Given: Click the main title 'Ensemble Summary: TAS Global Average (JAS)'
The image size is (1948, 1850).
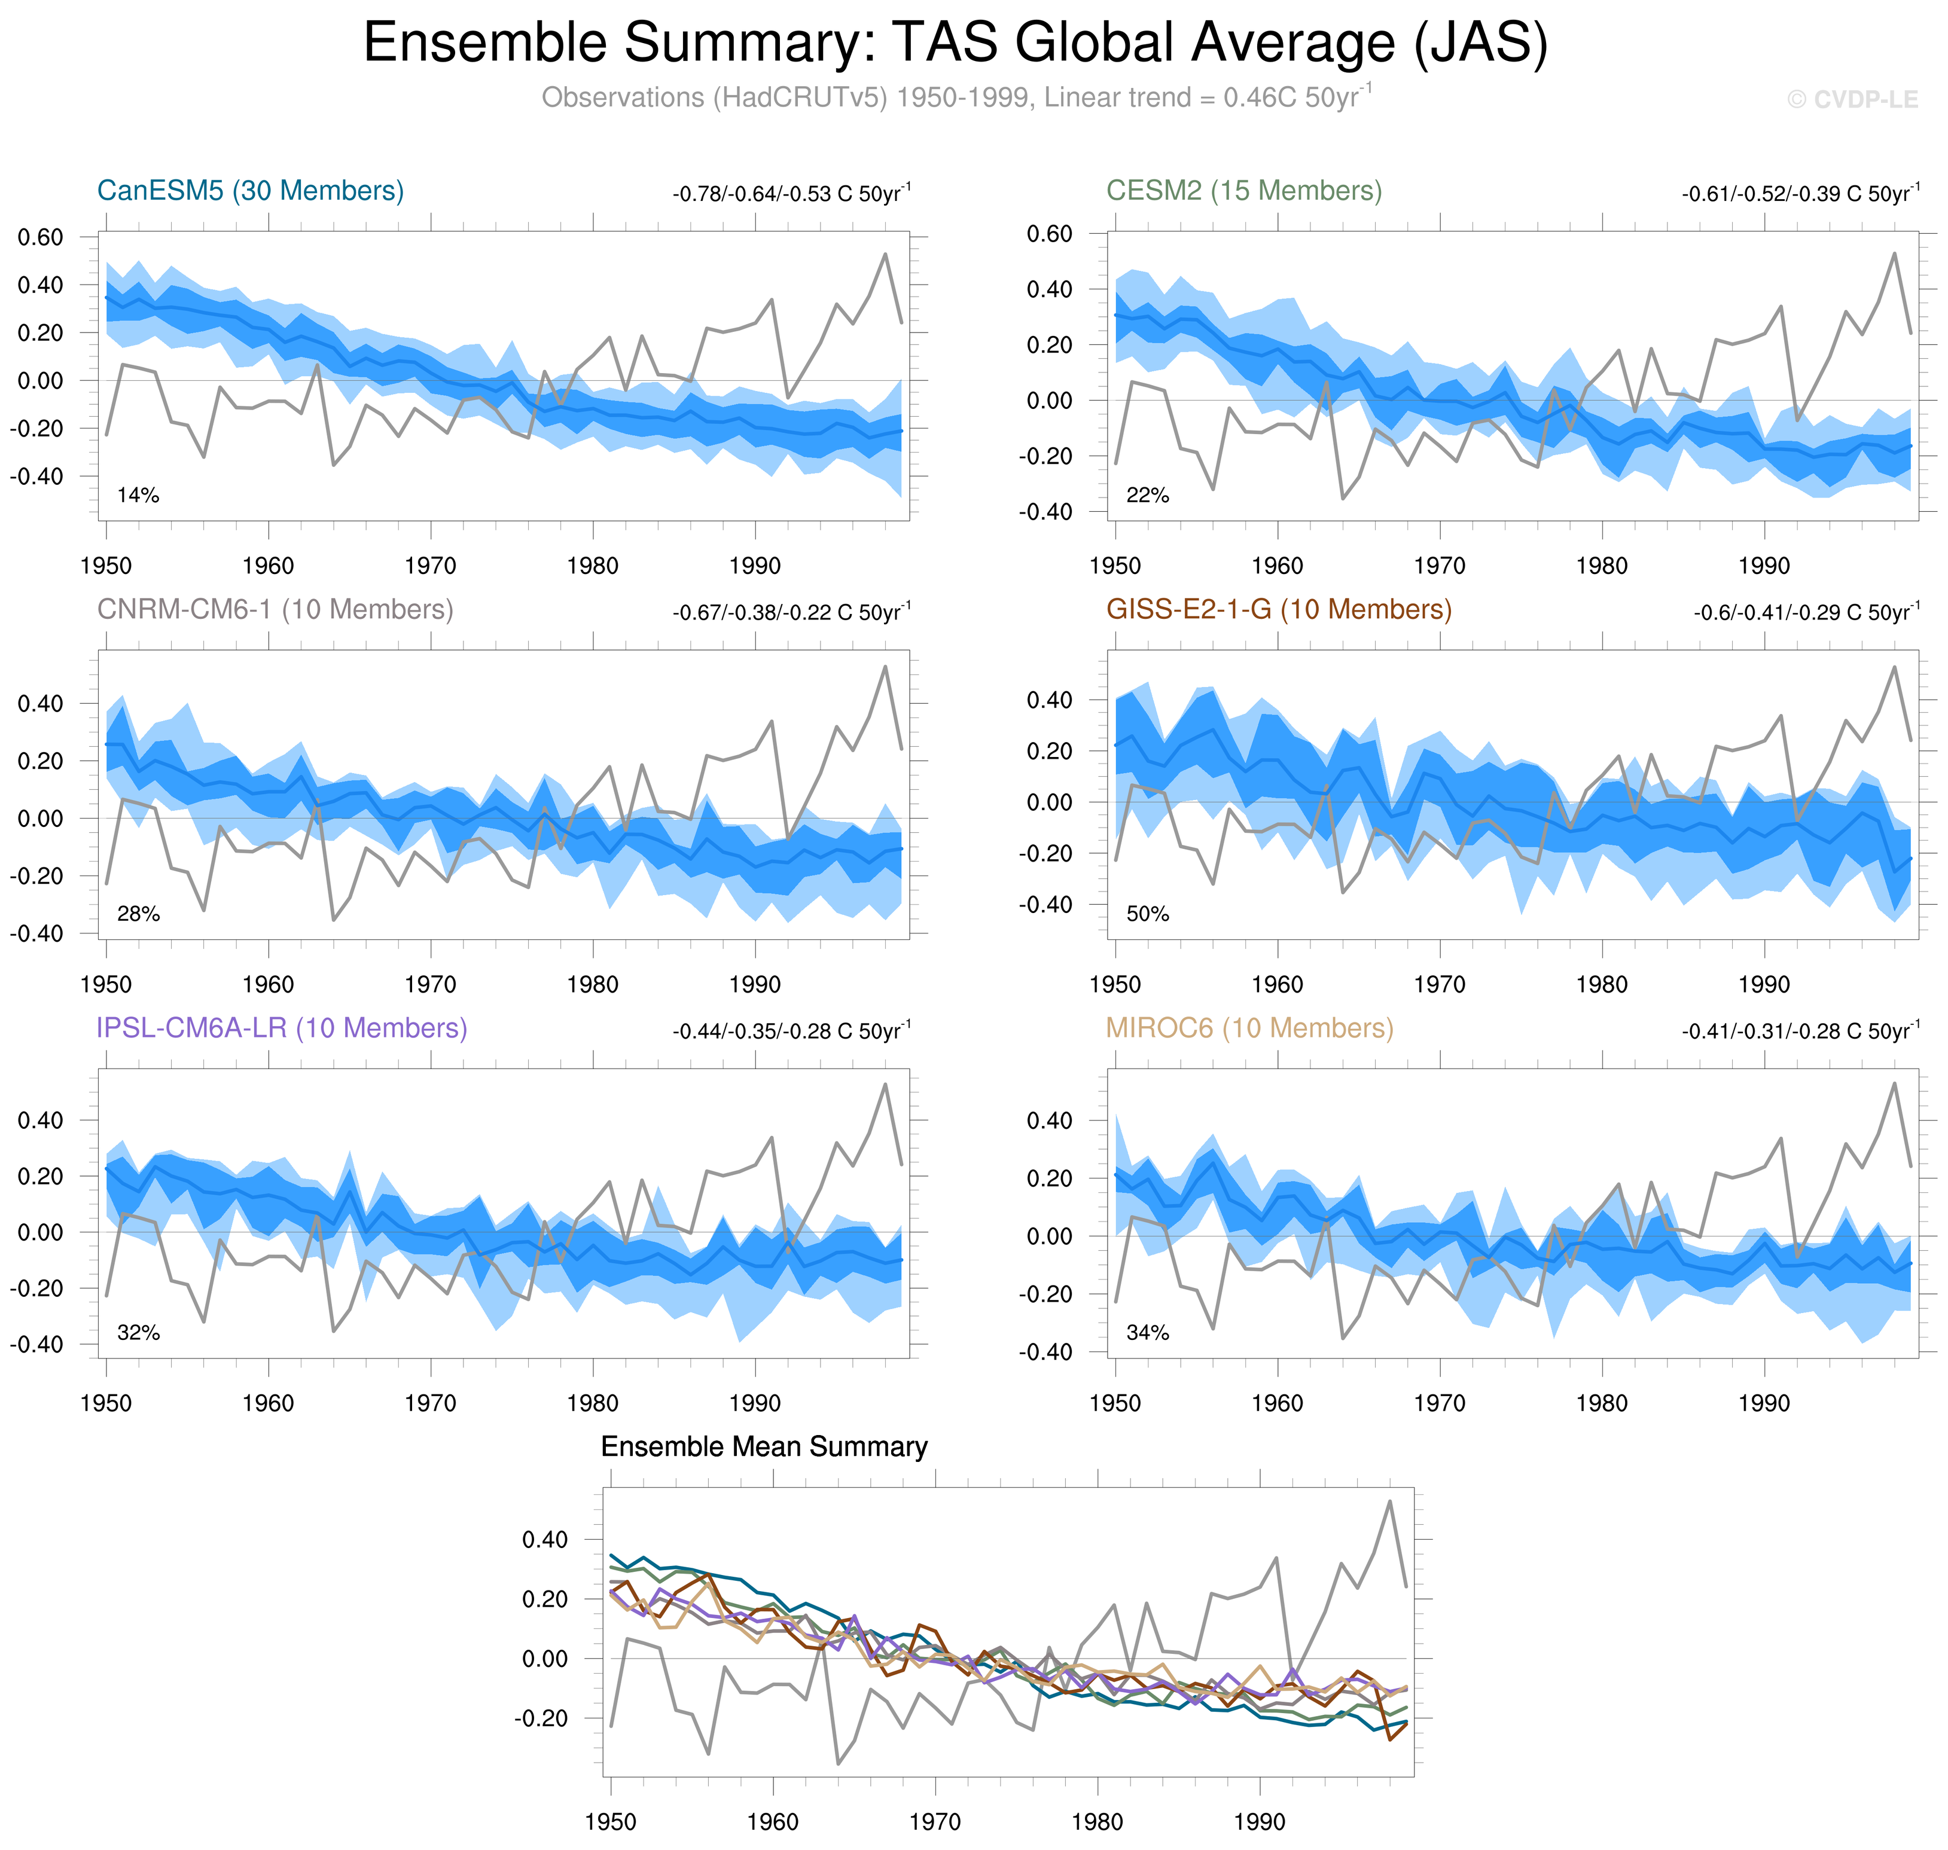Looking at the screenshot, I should (x=955, y=44).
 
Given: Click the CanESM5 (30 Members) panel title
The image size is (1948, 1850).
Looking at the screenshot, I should (x=251, y=190).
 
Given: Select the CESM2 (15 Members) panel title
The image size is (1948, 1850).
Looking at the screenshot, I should (x=1244, y=190).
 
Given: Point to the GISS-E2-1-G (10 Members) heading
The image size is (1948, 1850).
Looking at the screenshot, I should (x=1278, y=609).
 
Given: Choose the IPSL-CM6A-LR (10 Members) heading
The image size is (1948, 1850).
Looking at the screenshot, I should (x=281, y=1028).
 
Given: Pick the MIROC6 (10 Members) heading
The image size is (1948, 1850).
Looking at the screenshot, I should (x=1249, y=1028).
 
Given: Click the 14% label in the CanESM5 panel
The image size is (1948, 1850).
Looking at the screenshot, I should (x=138, y=495).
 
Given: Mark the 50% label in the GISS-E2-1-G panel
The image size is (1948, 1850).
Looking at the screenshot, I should (x=1147, y=914).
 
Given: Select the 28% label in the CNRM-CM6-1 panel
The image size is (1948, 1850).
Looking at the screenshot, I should (x=138, y=914).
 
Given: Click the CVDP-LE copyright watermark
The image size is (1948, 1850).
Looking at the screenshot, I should (x=1852, y=100).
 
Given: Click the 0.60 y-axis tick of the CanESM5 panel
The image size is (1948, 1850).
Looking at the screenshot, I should (x=41, y=237).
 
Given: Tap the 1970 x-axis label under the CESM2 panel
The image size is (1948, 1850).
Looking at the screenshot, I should (x=1439, y=566).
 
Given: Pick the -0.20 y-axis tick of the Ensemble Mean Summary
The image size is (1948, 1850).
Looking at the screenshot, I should (x=541, y=1719).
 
